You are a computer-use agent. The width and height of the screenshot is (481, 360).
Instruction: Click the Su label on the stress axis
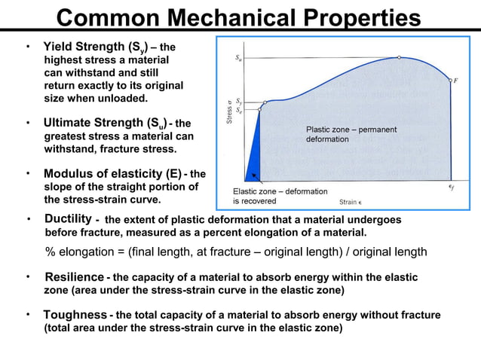(238, 57)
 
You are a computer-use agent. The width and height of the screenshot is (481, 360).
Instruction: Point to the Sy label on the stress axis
(238, 100)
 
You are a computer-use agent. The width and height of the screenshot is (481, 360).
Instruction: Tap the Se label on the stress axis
(238, 109)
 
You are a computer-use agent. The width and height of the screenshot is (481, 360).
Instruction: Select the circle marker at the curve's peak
(399, 57)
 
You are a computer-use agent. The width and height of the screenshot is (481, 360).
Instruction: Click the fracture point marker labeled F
(449, 80)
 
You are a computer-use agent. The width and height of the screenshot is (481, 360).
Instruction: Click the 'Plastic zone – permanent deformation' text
(351, 135)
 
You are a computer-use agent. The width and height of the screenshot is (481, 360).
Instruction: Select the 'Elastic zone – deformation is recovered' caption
(274, 196)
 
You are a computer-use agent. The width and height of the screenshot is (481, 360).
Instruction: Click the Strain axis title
(349, 202)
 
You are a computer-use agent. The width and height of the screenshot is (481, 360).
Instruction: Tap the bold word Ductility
(68, 218)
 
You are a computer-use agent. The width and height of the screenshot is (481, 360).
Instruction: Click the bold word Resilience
(74, 276)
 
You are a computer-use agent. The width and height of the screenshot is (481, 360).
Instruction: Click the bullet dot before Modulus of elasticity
(29, 173)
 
